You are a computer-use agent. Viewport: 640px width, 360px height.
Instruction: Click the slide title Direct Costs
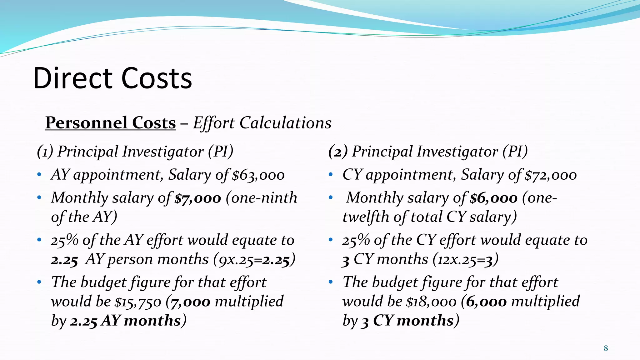(x=112, y=78)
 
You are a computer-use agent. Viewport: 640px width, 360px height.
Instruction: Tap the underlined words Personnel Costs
(x=110, y=122)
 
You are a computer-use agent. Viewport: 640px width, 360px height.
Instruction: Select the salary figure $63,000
(x=258, y=175)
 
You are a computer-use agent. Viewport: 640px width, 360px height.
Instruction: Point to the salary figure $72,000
(x=551, y=175)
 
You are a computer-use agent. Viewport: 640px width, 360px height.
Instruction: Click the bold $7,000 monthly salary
(x=198, y=198)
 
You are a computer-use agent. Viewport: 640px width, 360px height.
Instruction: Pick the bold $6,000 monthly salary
(x=494, y=198)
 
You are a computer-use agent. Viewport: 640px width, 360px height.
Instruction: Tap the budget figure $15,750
(x=138, y=302)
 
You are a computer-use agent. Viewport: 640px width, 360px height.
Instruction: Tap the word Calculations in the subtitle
(x=285, y=123)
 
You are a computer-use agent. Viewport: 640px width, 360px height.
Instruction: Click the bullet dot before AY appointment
(x=39, y=175)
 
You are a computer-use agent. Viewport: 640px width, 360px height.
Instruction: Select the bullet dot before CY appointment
(x=331, y=175)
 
